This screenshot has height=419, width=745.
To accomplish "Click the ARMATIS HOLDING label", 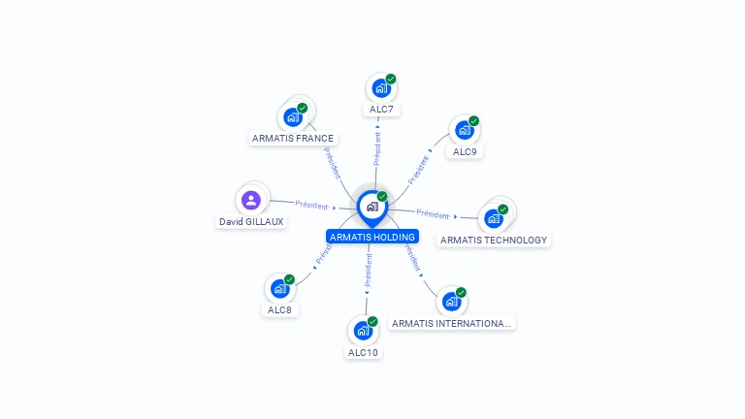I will [x=372, y=237].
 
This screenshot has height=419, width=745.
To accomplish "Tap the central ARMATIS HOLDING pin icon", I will [x=372, y=207].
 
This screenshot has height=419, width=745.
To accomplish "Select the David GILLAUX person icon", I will [x=251, y=201].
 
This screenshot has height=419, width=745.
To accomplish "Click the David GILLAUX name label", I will [x=251, y=221].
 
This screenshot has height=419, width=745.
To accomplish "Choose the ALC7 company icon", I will [x=381, y=88].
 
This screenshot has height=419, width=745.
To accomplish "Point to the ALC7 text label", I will [x=381, y=110].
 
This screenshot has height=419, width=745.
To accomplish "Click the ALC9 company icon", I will [x=465, y=130].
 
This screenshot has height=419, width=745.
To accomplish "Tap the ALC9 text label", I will [x=465, y=151].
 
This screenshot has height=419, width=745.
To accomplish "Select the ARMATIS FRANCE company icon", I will [x=293, y=117].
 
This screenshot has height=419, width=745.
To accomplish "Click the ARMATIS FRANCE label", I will [x=293, y=138].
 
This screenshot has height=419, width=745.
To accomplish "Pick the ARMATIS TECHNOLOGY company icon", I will [x=494, y=218].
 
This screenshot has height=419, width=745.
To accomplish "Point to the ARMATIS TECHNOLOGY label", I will [x=494, y=240].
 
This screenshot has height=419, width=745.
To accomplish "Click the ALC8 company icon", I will [x=280, y=289].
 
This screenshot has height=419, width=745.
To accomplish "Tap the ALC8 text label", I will [x=280, y=310].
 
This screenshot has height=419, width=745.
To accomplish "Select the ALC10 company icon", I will [x=363, y=331].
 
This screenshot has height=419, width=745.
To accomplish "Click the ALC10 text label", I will [x=363, y=352].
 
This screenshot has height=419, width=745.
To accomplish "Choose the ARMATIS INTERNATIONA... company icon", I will [x=451, y=302].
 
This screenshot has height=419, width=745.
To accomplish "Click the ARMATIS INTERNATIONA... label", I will [x=451, y=323].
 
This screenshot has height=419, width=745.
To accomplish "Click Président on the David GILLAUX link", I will [x=311, y=205].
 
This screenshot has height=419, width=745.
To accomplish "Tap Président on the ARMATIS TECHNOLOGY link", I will [x=433, y=214].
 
